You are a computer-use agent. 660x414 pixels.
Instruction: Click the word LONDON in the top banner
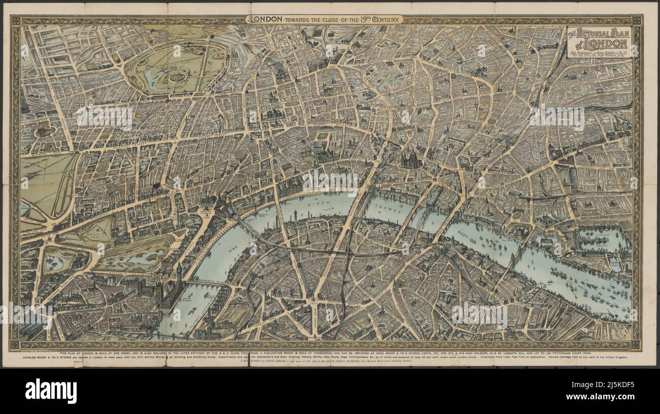(x=265, y=19)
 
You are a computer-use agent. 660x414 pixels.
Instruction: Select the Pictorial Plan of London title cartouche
(x=599, y=42)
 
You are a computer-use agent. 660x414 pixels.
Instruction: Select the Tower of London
(x=508, y=218)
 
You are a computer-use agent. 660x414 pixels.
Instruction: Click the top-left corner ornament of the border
(x=15, y=20)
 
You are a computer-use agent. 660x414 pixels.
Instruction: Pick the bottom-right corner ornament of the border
(x=636, y=345)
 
